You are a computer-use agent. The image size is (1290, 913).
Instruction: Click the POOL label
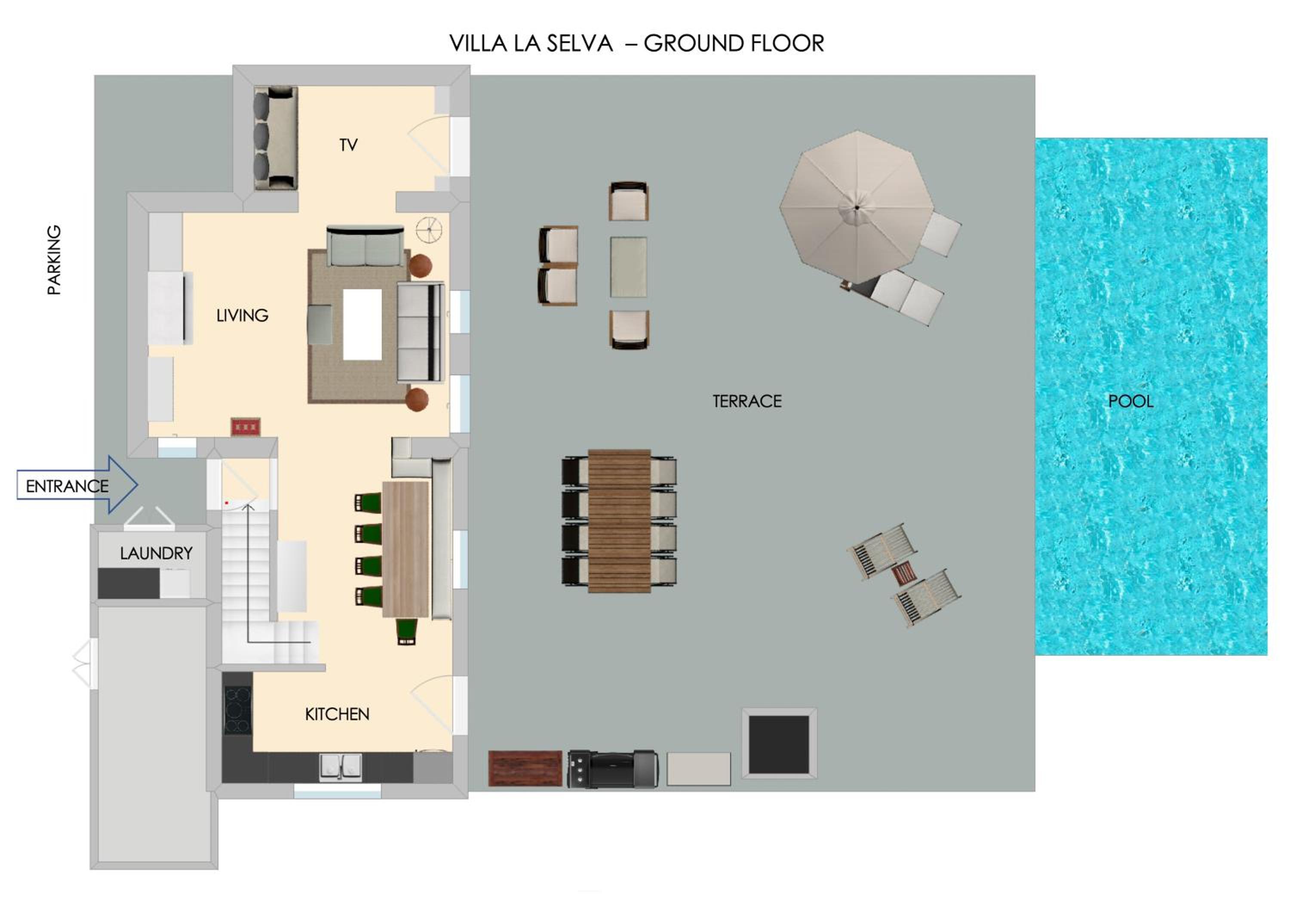click(1130, 401)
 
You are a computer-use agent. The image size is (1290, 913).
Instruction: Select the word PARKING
click(54, 260)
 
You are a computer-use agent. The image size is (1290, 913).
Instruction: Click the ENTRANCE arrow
click(77, 484)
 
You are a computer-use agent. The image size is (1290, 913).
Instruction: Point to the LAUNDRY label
click(156, 553)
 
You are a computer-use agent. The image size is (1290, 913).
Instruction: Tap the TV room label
click(348, 145)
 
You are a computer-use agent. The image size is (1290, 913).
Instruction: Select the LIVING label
click(242, 315)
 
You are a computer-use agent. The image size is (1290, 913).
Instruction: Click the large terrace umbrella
click(857, 207)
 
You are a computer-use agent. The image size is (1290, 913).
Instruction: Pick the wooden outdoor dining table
click(619, 521)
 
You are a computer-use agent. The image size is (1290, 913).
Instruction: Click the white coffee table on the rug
click(362, 324)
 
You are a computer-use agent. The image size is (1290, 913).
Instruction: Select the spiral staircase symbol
click(429, 230)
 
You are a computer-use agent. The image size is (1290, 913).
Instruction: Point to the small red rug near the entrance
click(246, 427)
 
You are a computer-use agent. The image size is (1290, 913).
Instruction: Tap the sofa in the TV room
click(275, 138)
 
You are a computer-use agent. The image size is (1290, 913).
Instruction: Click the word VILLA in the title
click(478, 43)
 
